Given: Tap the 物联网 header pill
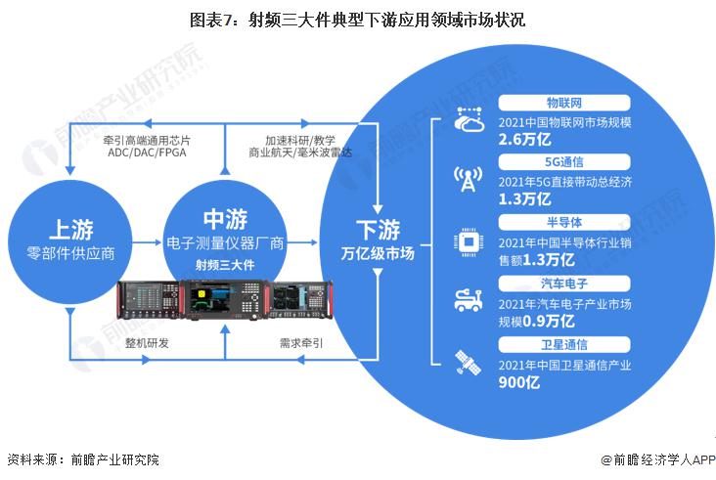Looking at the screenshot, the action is pyautogui.click(x=564, y=103).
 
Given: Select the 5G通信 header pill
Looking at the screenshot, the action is pyautogui.click(x=564, y=162).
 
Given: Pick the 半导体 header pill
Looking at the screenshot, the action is pyautogui.click(x=564, y=222).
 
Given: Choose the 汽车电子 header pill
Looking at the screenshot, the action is pyautogui.click(x=564, y=284).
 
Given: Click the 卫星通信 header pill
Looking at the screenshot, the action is pyautogui.click(x=564, y=344).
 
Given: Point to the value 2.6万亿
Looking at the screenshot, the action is pyautogui.click(x=524, y=139).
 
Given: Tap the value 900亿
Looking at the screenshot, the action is pyautogui.click(x=519, y=382).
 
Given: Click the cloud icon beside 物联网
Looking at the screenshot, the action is pyautogui.click(x=469, y=119).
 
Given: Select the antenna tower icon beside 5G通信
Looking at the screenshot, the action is pyautogui.click(x=469, y=179).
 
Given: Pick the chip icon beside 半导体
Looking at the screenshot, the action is pyautogui.click(x=469, y=241).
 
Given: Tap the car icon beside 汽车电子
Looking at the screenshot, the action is pyautogui.click(x=469, y=301).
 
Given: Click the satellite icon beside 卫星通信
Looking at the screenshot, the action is pyautogui.click(x=469, y=363).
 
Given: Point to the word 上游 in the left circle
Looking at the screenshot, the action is pyautogui.click(x=71, y=229).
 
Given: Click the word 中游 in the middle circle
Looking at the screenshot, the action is pyautogui.click(x=226, y=219).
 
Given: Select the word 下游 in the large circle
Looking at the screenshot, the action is pyautogui.click(x=379, y=230).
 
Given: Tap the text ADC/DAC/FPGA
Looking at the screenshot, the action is pyautogui.click(x=147, y=153).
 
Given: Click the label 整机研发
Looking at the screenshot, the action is pyautogui.click(x=147, y=343).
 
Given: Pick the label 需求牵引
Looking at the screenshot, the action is pyautogui.click(x=301, y=343).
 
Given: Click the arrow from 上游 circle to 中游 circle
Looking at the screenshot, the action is pyautogui.click(x=147, y=242).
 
